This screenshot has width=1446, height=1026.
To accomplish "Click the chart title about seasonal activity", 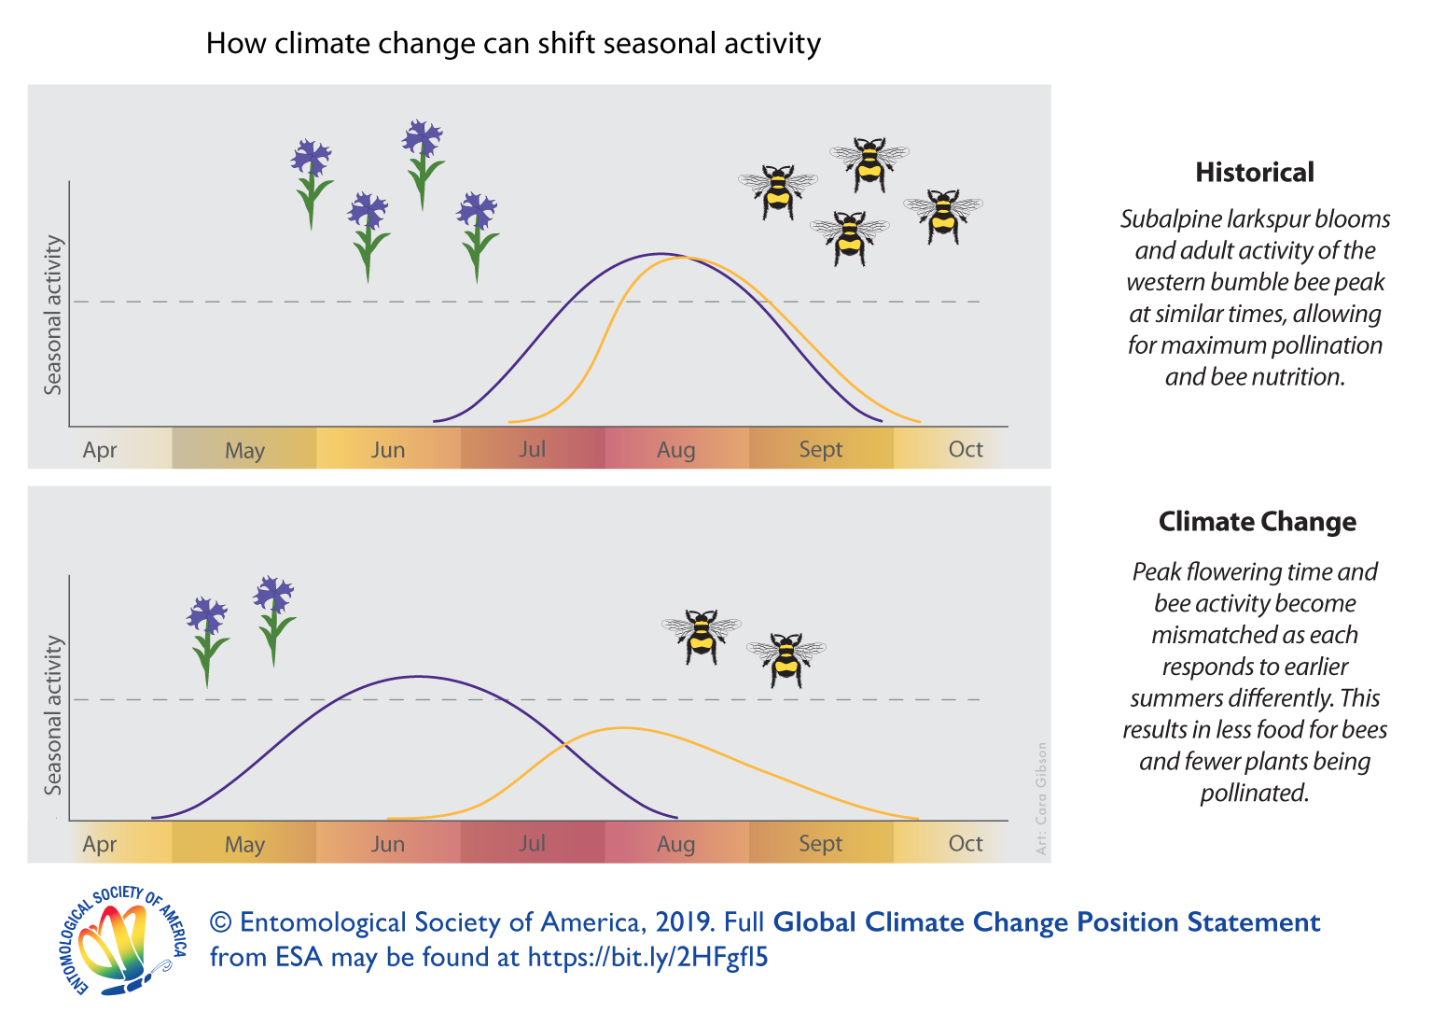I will tap(513, 44).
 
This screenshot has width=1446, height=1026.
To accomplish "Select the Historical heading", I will tap(1255, 173).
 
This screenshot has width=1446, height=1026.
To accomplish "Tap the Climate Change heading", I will tap(1257, 522).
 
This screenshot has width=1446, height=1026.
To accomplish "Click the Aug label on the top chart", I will tap(675, 450).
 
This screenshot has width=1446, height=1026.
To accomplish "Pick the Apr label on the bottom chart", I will tap(100, 844).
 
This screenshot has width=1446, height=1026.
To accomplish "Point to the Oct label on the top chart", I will tap(966, 450).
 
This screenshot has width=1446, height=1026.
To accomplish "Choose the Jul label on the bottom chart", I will tap(532, 844).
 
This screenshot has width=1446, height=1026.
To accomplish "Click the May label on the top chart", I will tap(244, 450).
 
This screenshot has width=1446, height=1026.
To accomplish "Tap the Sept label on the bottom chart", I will tap(820, 844).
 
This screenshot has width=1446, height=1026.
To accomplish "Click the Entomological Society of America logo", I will tap(122, 940).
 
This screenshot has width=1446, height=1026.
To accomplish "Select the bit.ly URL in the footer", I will tap(647, 958).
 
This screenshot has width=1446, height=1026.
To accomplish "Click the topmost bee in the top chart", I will tap(869, 163).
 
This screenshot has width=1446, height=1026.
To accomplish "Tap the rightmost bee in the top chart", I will tap(943, 216).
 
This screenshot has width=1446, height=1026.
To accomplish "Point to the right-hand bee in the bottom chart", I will tap(786, 658).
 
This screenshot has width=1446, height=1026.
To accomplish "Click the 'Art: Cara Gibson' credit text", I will tap(1042, 798).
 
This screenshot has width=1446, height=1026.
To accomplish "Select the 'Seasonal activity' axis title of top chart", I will tap(54, 315).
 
